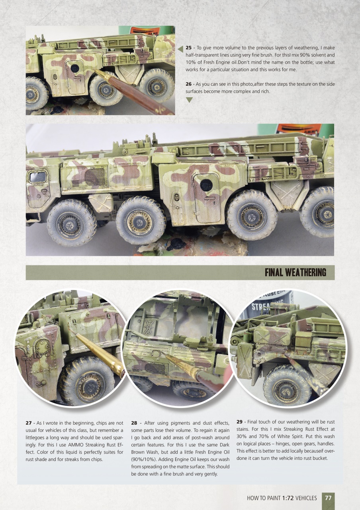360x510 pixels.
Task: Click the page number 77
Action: click(328, 498)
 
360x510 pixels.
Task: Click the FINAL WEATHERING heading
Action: click(295, 273)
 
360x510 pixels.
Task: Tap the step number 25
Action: click(189, 48)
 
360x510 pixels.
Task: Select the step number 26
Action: click(189, 84)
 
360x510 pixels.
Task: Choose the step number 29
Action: click(239, 422)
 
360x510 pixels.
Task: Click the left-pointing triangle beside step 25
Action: click(180, 49)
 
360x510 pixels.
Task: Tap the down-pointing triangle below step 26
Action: click(190, 100)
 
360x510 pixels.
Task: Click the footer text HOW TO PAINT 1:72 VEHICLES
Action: click(282, 498)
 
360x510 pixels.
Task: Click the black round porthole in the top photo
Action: click(74, 68)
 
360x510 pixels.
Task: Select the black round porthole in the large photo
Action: click(205, 185)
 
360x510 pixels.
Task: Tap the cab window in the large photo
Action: click(37, 177)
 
